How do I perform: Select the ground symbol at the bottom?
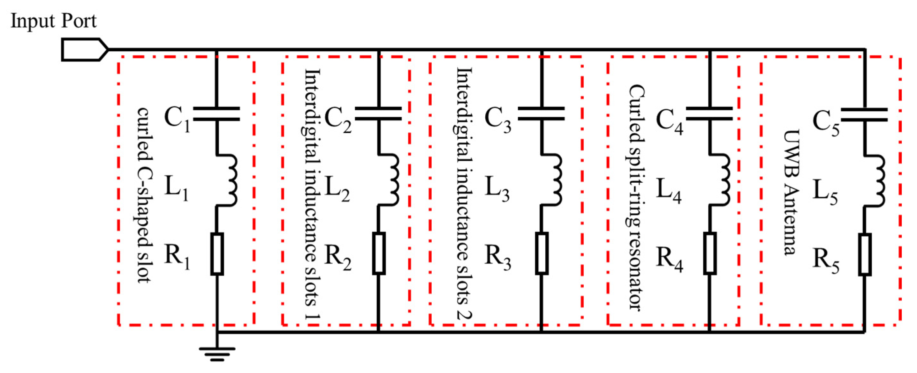click(217, 354)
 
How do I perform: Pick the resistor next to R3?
click(542, 253)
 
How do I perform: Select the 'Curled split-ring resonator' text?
click(636, 197)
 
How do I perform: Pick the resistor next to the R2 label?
click(379, 253)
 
